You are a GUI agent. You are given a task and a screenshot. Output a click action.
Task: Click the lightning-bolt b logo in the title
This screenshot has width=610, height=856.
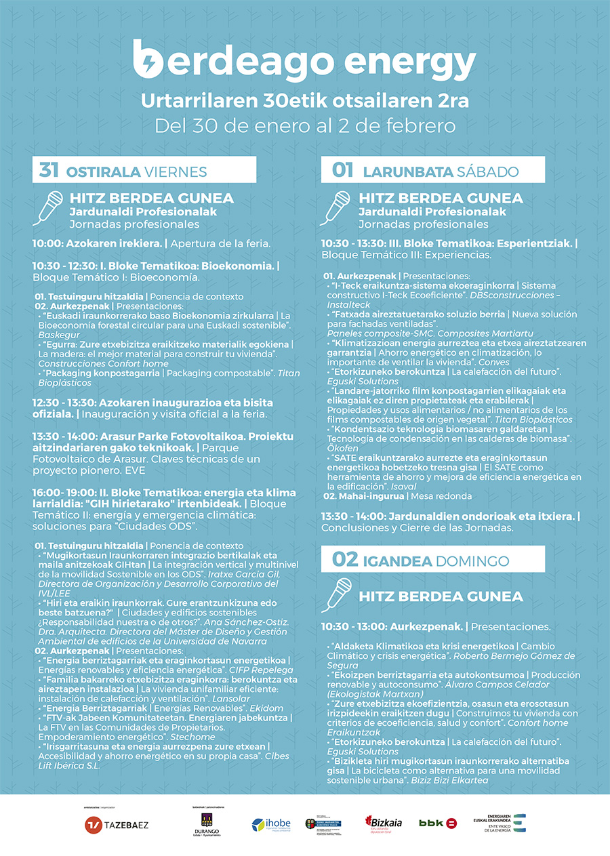[x=148, y=58]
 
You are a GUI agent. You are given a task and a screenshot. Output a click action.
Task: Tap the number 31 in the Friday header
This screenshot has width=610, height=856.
[x=49, y=170]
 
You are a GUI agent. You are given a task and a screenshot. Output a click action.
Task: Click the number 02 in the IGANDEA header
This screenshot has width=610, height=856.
[x=344, y=560]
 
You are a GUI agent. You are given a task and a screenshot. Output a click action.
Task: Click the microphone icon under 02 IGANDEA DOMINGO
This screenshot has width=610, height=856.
[x=336, y=594]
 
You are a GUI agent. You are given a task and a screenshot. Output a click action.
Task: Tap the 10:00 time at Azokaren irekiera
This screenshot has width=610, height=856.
[x=46, y=243]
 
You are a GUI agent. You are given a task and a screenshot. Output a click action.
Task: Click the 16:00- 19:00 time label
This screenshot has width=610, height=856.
[x=59, y=492]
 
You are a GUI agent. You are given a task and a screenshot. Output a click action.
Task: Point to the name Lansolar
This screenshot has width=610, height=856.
[x=231, y=698]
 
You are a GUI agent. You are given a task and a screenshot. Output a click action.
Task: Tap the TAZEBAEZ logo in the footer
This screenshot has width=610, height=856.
[x=116, y=825]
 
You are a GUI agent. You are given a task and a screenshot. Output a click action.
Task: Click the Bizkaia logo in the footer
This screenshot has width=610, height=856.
[x=383, y=823]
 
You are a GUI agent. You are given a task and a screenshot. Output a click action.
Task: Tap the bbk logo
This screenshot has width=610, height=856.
[x=438, y=823]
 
